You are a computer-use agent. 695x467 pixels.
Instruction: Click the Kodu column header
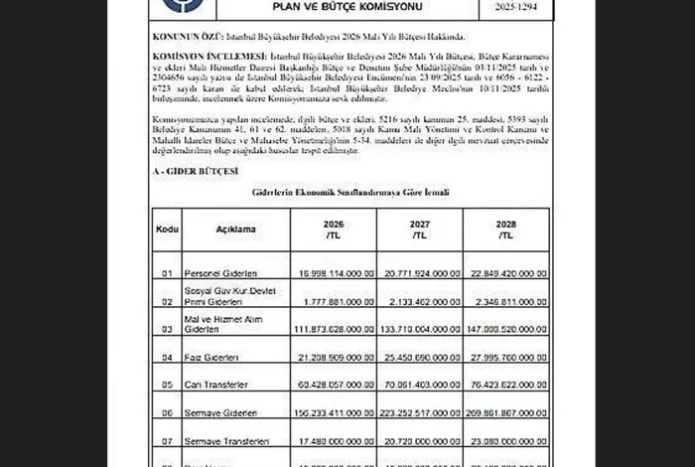167,230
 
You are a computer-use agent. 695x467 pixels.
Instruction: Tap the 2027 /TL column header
420,230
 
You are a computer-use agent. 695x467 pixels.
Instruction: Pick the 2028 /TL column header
506,230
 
